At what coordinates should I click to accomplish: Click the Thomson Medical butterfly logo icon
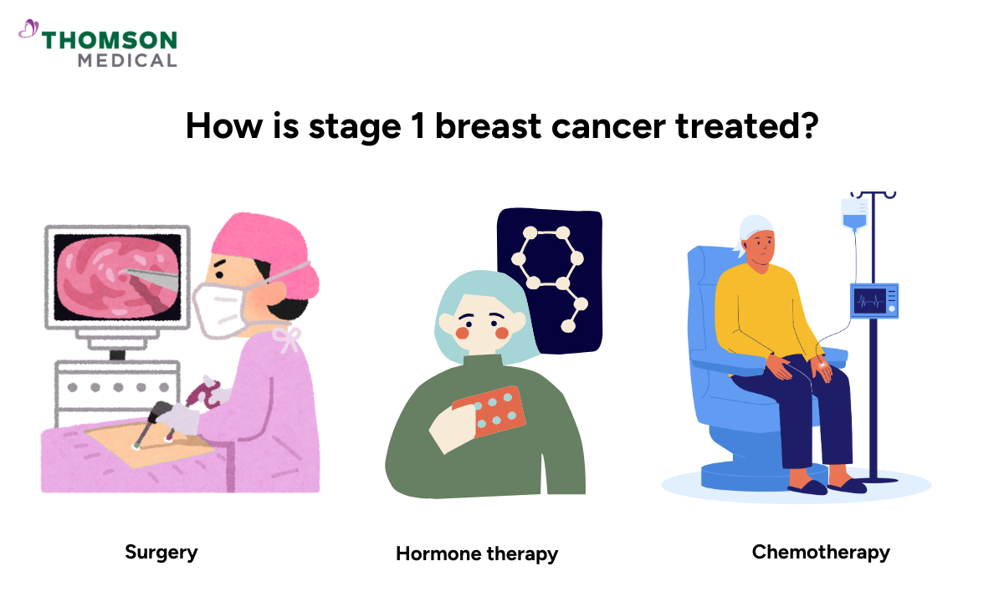[28, 30]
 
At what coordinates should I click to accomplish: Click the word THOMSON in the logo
[109, 41]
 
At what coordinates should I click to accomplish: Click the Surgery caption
[161, 552]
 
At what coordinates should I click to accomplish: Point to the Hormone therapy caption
[477, 554]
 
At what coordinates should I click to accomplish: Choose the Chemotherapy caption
[821, 552]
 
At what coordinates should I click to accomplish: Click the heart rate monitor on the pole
[874, 300]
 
